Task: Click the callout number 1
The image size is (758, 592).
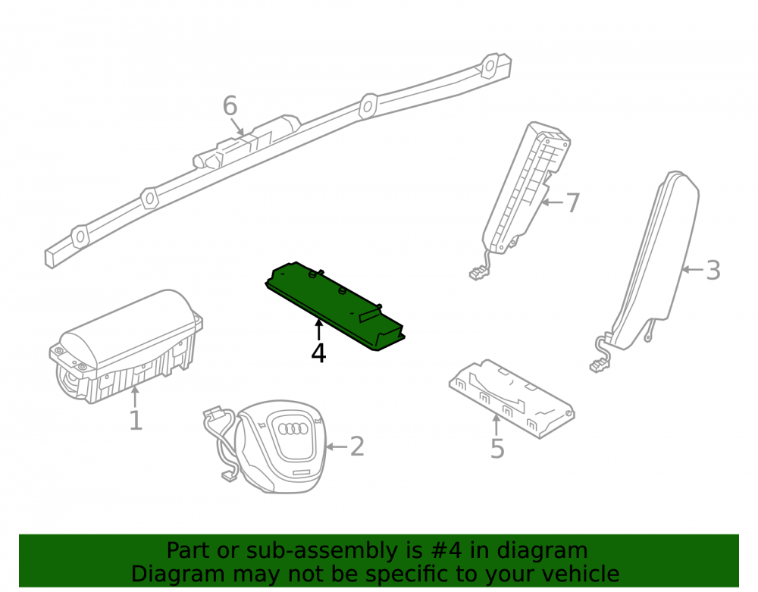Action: (x=136, y=421)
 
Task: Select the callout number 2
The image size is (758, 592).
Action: (x=357, y=446)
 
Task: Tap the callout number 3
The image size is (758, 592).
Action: (x=713, y=270)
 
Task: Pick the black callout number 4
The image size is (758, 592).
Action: (x=318, y=353)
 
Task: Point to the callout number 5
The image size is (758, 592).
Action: (x=497, y=449)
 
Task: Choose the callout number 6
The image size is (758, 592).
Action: (x=230, y=106)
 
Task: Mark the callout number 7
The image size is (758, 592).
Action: (x=572, y=202)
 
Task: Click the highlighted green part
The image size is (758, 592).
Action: (x=335, y=305)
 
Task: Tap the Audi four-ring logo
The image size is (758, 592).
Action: (x=293, y=429)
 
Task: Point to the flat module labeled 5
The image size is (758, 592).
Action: (x=512, y=398)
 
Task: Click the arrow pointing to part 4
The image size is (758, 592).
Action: (x=318, y=330)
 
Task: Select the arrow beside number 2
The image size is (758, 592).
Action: (x=337, y=446)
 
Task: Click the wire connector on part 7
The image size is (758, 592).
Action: (x=478, y=274)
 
